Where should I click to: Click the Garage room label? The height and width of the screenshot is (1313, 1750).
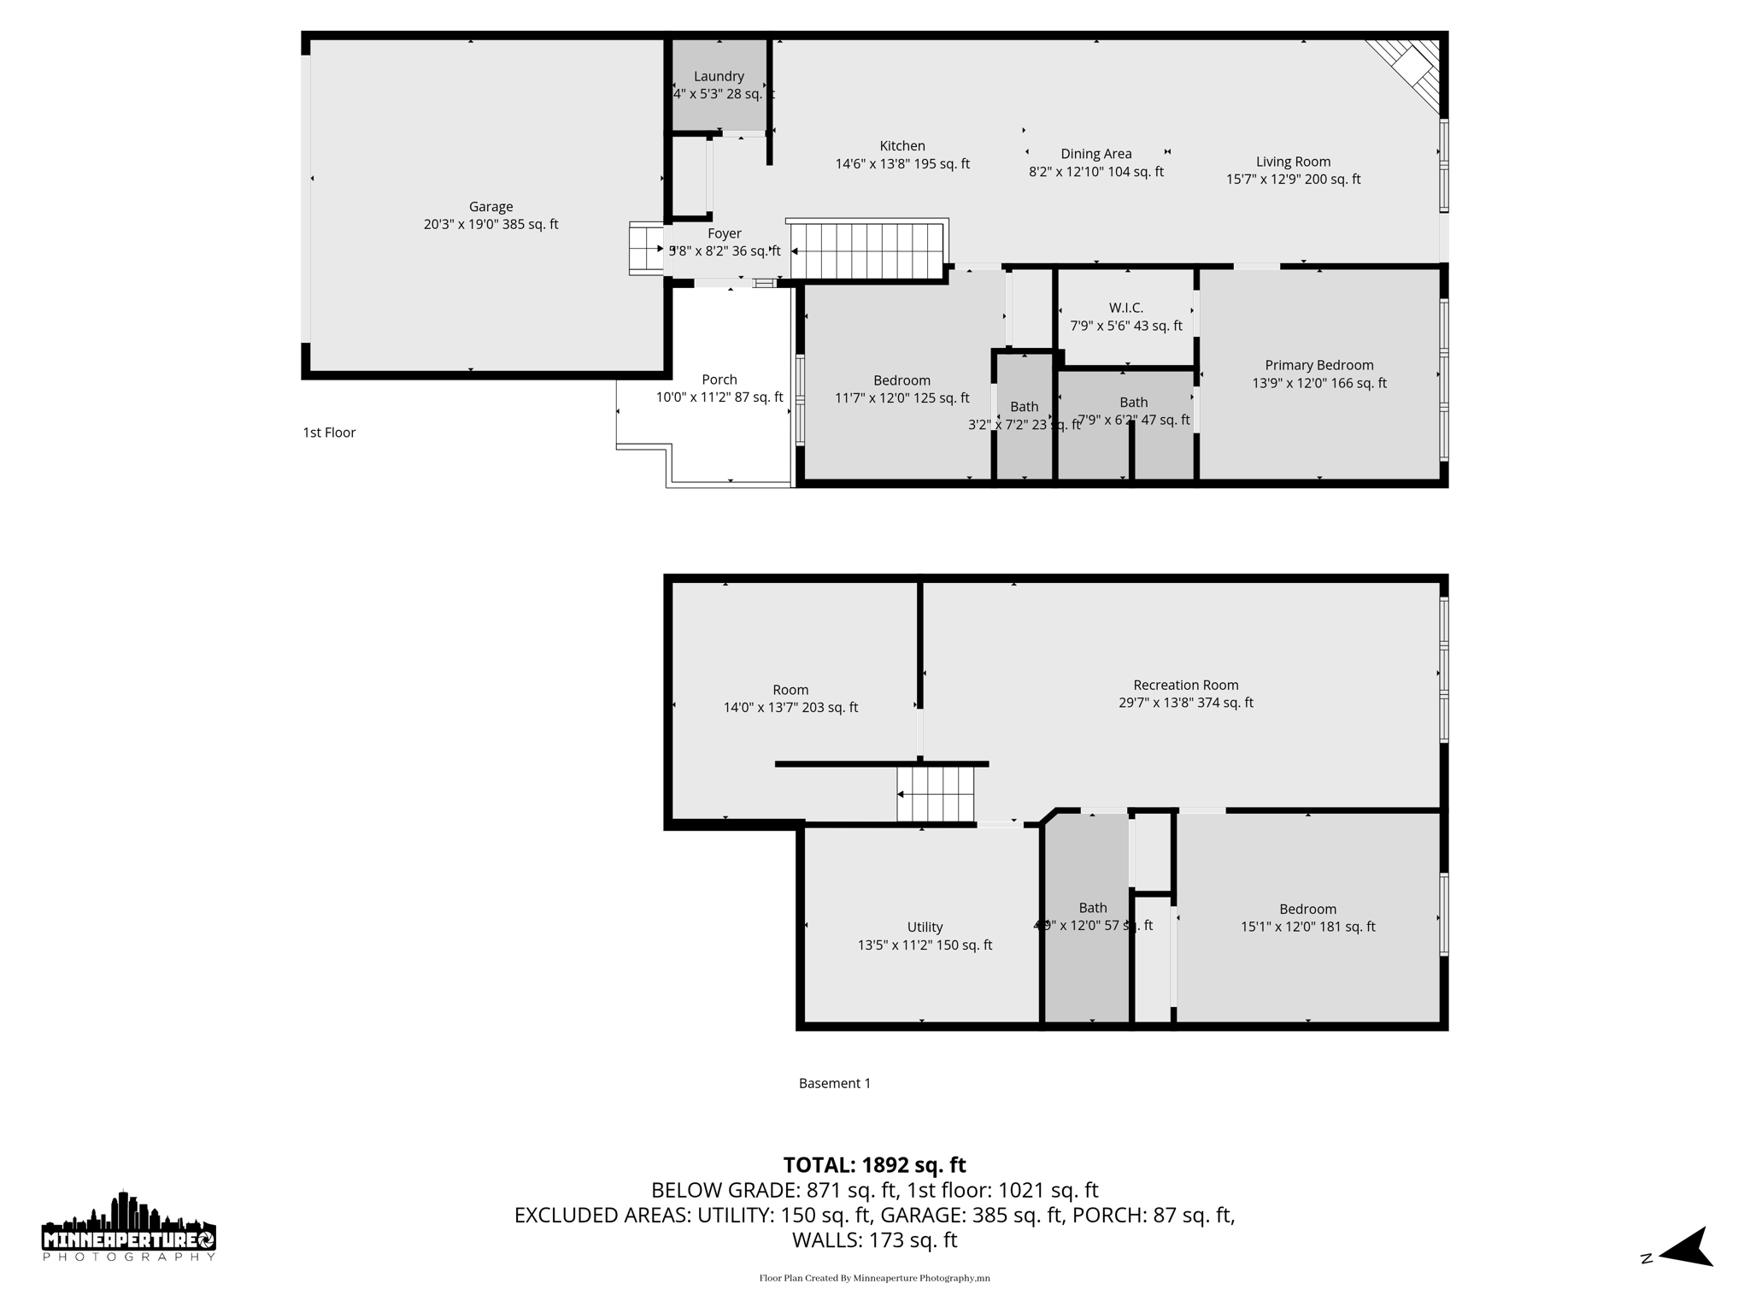490,207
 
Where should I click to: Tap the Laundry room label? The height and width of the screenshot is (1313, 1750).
719,76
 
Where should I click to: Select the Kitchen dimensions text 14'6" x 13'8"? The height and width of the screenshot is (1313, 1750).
902,164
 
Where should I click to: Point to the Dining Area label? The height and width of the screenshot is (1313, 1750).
1096,154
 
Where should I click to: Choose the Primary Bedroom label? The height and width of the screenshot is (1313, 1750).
1319,365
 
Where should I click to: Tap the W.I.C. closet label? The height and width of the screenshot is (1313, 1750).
1126,308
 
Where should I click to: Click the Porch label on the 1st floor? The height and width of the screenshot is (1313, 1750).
719,380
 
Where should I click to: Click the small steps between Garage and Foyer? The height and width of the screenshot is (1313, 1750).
646,249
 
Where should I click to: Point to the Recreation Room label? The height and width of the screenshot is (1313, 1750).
1186,685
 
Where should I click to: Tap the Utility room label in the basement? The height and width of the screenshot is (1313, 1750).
925,927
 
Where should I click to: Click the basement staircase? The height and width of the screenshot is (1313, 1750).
935,794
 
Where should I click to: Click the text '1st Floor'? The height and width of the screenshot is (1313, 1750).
329,433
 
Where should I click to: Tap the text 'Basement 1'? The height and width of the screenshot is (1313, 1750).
835,1083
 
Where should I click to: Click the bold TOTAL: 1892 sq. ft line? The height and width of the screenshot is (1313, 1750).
874,1165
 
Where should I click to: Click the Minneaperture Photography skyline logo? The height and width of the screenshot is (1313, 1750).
129,1227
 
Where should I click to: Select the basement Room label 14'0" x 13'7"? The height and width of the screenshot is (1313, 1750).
790,698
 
